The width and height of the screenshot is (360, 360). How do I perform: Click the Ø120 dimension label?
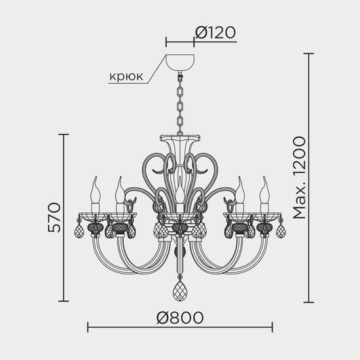coord(215,31)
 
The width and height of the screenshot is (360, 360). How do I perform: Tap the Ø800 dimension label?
coord(180,317)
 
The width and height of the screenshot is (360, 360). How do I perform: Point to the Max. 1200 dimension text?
coord(299,177)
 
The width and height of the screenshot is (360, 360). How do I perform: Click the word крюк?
coord(126,76)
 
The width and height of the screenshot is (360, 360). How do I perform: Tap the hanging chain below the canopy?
coord(180,105)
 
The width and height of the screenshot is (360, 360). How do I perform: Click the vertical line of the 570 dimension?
coord(63,218)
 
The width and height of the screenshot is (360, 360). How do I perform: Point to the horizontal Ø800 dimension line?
coord(131,326)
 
